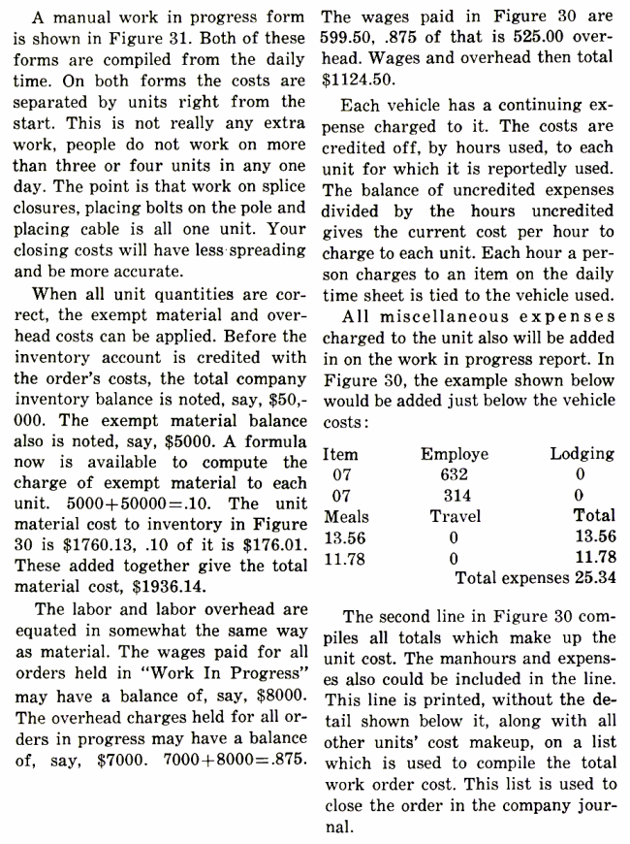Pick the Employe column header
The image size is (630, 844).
click(454, 453)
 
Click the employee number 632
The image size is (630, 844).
click(454, 473)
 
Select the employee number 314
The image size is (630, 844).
click(454, 496)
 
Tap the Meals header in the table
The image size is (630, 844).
click(345, 516)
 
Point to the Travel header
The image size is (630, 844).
click(454, 516)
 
